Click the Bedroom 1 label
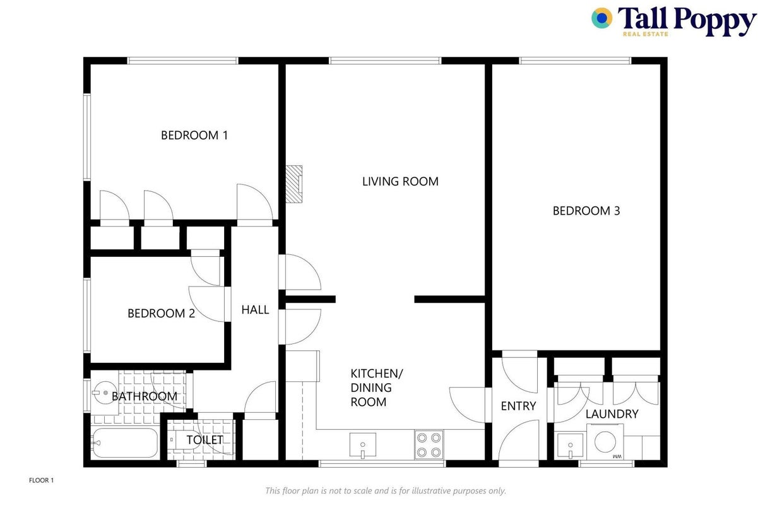tap(194, 135)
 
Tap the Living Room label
tap(400, 182)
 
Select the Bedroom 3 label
tap(586, 211)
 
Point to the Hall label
tap(255, 310)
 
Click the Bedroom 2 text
tap(162, 314)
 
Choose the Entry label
tap(518, 406)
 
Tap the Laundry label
tap(612, 414)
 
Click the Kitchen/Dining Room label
tap(377, 388)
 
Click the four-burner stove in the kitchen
tap(429, 445)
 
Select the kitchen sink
tap(363, 445)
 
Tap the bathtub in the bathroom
tap(124, 443)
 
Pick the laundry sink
tap(570, 446)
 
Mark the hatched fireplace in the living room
tap(293, 184)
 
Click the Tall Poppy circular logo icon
tap(601, 18)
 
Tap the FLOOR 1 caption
tap(41, 480)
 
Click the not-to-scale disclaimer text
tap(386, 490)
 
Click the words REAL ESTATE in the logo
tap(645, 34)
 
